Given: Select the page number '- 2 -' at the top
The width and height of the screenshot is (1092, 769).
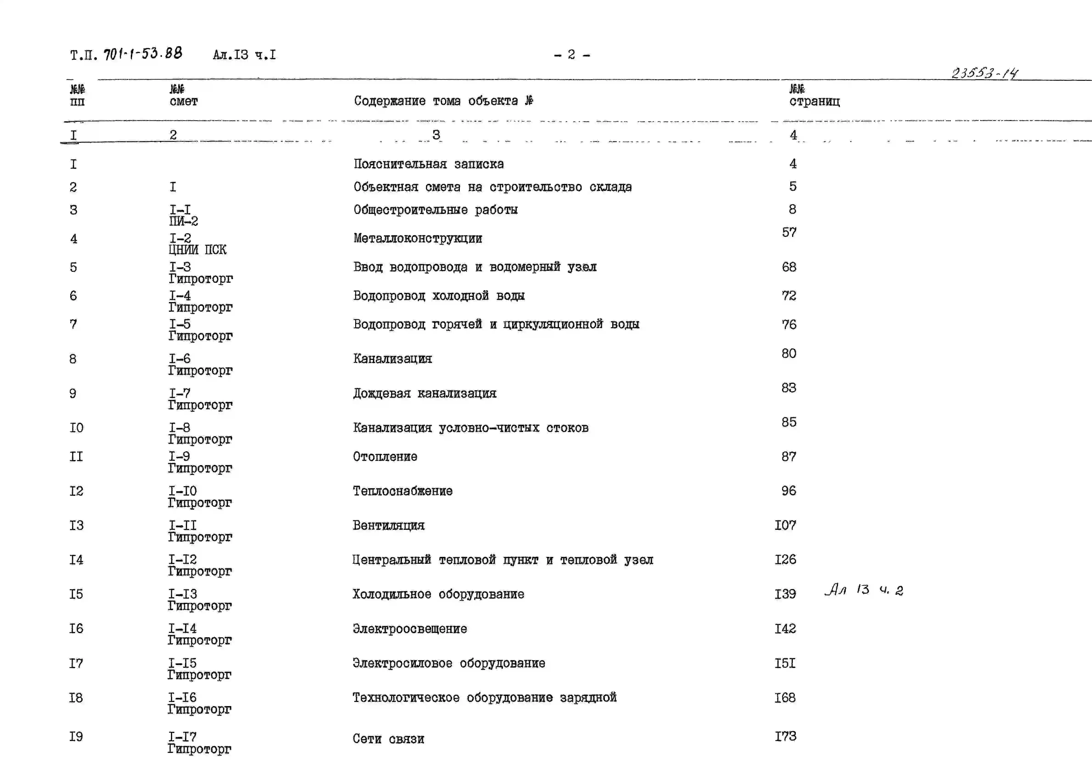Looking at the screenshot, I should click(x=572, y=55).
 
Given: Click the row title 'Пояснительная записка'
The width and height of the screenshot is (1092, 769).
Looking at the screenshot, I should click(x=429, y=164).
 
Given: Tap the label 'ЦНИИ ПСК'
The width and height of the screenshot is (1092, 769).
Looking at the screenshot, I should click(x=197, y=250).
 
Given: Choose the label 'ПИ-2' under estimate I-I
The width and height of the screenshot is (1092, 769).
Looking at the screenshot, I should click(x=184, y=221).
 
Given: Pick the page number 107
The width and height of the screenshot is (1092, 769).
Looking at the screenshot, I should click(x=785, y=525).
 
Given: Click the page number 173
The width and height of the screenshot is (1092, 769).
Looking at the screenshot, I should click(x=785, y=737).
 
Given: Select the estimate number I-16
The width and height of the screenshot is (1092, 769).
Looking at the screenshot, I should click(x=182, y=698).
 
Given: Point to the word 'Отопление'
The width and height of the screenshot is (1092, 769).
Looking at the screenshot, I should click(x=385, y=457).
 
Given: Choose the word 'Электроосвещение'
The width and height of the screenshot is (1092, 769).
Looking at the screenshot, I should click(x=410, y=629).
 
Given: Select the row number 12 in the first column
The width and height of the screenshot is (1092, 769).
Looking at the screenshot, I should click(x=76, y=491).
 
